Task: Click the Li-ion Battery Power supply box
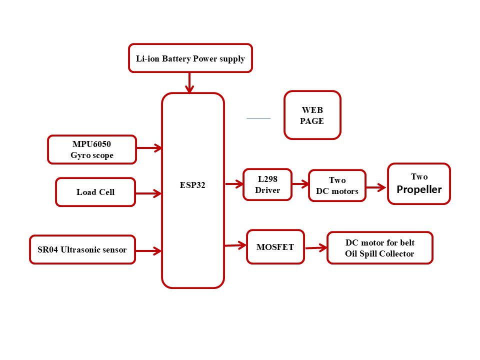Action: [x=190, y=58]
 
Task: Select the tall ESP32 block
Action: [x=192, y=190]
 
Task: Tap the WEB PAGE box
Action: [x=312, y=115]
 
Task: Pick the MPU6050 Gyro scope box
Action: [x=92, y=149]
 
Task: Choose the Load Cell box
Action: [x=95, y=192]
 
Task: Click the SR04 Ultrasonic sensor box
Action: [x=82, y=249]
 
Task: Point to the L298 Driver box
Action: [x=267, y=184]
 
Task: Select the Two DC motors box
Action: [x=337, y=185]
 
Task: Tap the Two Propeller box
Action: [x=419, y=183]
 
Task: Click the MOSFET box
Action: [x=275, y=246]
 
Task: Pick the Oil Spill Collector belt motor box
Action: [x=379, y=248]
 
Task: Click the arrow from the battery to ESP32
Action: [x=189, y=82]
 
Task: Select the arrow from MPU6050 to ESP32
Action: [x=149, y=148]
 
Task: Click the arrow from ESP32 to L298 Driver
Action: [x=234, y=184]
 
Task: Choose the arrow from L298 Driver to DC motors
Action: [x=300, y=184]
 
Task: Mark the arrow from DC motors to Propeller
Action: [x=376, y=187]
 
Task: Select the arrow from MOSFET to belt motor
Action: [x=316, y=247]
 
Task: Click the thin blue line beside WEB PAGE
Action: [x=258, y=118]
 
